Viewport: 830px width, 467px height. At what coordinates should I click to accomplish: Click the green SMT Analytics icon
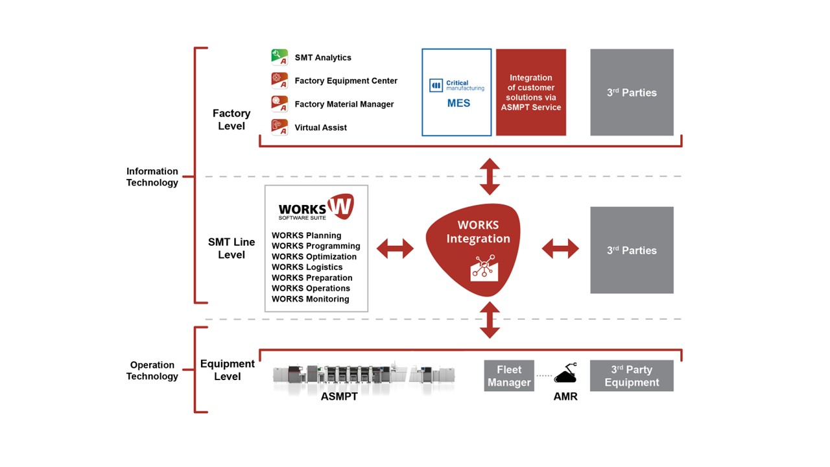(x=279, y=58)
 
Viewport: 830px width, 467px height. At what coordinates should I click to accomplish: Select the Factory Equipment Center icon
(x=279, y=81)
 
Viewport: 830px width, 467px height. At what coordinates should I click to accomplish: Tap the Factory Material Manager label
(x=344, y=104)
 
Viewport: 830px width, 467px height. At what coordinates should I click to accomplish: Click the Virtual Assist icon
(x=279, y=127)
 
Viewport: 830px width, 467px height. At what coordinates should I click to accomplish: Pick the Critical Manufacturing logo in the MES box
(x=456, y=86)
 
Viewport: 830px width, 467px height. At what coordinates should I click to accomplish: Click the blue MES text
(x=458, y=103)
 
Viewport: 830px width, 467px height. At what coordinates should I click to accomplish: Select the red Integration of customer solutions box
(x=530, y=92)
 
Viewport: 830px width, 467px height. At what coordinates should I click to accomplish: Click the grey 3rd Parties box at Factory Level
(x=632, y=92)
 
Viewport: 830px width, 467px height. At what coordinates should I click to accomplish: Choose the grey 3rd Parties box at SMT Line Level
(x=632, y=250)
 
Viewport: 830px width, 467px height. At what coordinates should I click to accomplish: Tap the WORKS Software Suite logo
(x=316, y=208)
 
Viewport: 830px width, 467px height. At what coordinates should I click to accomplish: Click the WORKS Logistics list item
(x=307, y=267)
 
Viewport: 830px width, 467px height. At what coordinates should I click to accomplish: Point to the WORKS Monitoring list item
(x=310, y=299)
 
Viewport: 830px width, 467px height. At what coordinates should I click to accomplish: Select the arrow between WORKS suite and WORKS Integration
(x=395, y=248)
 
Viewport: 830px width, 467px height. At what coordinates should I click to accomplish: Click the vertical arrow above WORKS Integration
(x=490, y=176)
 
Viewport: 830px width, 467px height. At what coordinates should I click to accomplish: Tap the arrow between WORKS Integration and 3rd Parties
(x=560, y=248)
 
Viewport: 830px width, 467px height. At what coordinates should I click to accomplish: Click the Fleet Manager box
(x=509, y=376)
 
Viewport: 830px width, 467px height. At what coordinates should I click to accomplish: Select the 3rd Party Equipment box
(x=632, y=376)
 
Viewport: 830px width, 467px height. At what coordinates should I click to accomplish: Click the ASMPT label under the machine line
(x=339, y=396)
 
